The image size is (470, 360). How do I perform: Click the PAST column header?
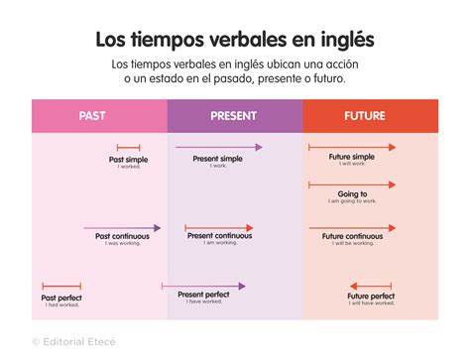click(x=92, y=116)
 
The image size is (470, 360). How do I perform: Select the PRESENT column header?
click(x=233, y=116)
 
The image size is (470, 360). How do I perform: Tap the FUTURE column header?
click(x=364, y=116)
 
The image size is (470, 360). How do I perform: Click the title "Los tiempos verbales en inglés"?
click(x=235, y=41)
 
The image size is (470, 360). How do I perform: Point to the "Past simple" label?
click(x=128, y=159)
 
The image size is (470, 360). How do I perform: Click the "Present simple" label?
click(x=217, y=158)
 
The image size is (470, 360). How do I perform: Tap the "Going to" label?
click(x=352, y=193)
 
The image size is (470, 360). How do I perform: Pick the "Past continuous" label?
click(x=122, y=236)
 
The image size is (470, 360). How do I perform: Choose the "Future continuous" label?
click(x=352, y=236)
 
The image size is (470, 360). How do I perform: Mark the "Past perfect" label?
click(x=61, y=297)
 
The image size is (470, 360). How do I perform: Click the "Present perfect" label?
click(x=204, y=295)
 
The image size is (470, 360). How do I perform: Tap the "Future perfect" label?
click(x=371, y=296)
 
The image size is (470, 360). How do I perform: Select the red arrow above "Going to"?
click(x=352, y=183)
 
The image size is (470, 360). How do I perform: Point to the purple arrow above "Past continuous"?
click(x=122, y=227)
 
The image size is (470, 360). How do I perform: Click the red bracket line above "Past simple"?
click(x=128, y=148)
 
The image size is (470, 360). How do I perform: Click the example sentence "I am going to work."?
click(x=352, y=201)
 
